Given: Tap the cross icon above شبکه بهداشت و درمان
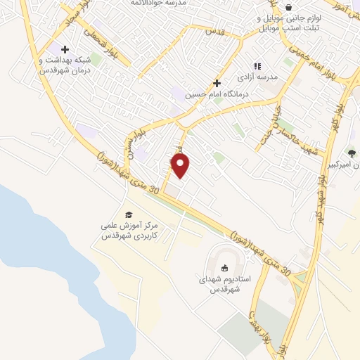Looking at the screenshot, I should coord(65,49).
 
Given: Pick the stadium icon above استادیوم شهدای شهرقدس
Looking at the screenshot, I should coord(224,267).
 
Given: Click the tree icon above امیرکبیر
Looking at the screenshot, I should coord(352,153).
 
